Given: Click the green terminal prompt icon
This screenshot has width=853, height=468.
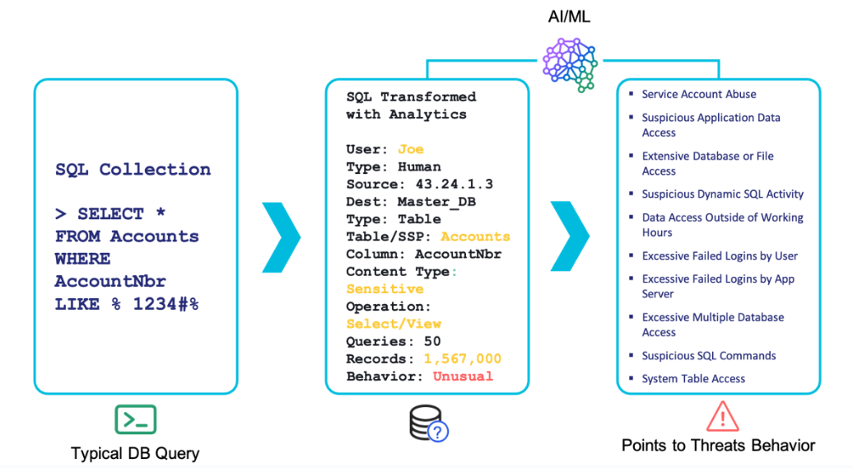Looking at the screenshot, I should (135, 419).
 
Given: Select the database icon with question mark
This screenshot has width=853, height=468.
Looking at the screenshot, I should (427, 423).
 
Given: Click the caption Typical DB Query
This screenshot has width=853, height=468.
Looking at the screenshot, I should (135, 453).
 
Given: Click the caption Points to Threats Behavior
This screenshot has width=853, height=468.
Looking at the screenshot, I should (718, 446).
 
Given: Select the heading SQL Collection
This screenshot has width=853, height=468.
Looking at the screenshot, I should (133, 170).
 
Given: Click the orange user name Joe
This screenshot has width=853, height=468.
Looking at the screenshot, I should (410, 149).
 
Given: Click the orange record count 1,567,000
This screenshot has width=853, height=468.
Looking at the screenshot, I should (462, 358).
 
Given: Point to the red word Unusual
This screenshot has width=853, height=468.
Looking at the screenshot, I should (463, 376).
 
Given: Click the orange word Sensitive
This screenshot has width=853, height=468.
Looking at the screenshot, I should (385, 289).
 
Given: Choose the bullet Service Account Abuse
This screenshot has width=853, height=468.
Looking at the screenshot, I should (699, 95).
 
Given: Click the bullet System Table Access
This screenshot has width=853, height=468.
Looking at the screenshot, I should (693, 379).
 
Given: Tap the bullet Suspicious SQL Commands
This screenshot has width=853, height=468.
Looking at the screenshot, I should (709, 356).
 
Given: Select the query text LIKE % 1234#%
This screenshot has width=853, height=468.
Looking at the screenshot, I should (127, 303).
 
